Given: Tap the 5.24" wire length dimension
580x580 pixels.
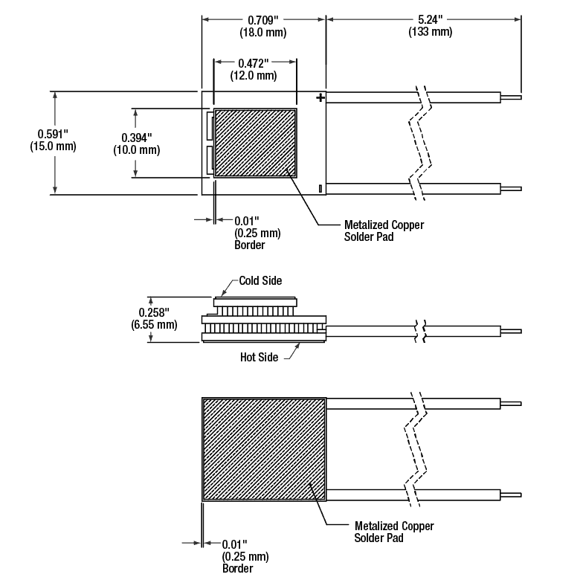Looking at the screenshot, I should [x=430, y=19].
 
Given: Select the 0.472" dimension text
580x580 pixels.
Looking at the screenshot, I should [x=255, y=63].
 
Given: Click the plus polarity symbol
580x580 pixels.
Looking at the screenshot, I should [x=320, y=97].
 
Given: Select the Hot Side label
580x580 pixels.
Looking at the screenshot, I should [x=259, y=358].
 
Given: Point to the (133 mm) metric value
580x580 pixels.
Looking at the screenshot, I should [x=430, y=32].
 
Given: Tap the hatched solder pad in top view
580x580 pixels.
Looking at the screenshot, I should [x=255, y=144].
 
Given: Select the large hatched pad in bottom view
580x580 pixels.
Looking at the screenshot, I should [x=264, y=448].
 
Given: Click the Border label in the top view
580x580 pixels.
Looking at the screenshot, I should [x=249, y=245].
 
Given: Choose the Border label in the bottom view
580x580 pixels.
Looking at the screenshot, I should [x=237, y=569].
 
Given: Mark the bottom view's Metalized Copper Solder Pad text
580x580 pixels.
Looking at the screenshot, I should [x=393, y=532].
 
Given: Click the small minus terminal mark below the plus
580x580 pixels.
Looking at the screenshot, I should [x=320, y=189].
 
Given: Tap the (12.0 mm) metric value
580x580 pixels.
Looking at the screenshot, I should [x=255, y=76].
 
